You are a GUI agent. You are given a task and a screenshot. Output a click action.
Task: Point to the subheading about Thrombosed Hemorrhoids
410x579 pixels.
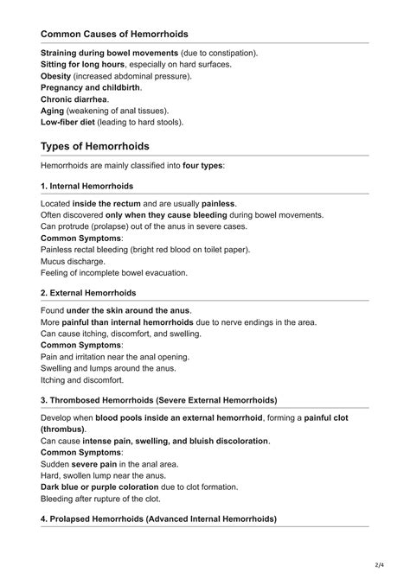[x=158, y=400]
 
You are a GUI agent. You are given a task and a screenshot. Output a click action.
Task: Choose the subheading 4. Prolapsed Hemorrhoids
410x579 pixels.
[x=158, y=519]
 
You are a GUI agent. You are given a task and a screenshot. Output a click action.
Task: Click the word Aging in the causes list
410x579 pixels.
[x=54, y=111]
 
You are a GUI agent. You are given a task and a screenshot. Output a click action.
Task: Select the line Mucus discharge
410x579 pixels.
[x=74, y=261]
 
